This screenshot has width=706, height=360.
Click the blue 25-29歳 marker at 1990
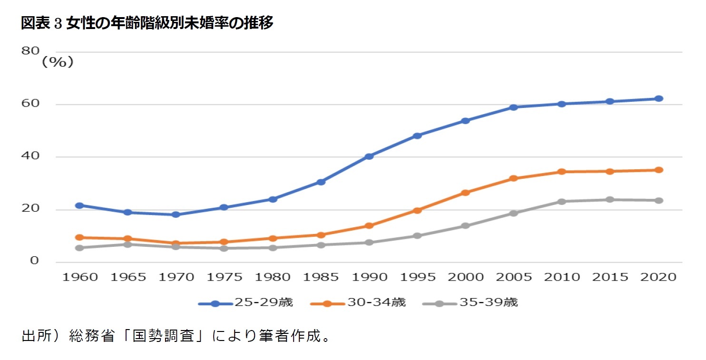pos(369,156)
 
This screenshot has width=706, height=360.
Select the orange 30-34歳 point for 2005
pos(513,178)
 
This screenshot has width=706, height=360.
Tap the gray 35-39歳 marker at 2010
pos(562,201)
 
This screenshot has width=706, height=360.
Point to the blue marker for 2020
pos(658,98)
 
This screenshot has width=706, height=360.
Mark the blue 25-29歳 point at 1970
pos(176,214)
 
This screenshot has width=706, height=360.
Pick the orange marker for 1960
pos(79,237)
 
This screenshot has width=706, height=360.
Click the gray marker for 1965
pos(127,244)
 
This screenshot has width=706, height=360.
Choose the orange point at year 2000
pos(465,193)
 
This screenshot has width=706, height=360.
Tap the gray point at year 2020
pos(658,200)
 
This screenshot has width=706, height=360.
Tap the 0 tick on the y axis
pos(34,261)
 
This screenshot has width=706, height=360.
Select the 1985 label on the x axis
pos(321,277)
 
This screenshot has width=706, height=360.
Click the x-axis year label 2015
pos(610,277)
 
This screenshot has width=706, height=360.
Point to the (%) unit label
pos(58,62)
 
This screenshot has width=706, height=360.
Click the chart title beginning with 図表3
pos(147,23)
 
